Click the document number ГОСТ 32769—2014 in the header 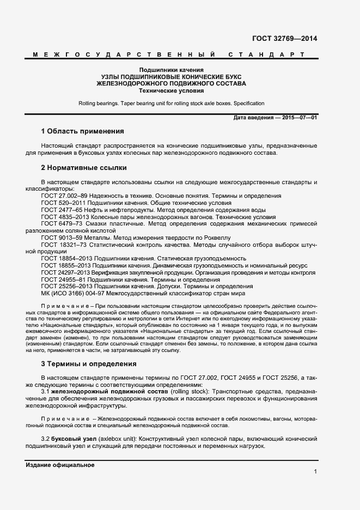coord(285,39)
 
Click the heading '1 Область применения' coord(82,131)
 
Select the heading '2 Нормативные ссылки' coord(83,168)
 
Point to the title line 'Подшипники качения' coord(171,70)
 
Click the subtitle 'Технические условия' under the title coord(171,91)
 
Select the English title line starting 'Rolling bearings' coord(171,104)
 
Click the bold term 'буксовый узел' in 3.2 coord(74,439)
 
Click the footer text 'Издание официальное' coord(60,465)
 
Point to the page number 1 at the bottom coord(315,472)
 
